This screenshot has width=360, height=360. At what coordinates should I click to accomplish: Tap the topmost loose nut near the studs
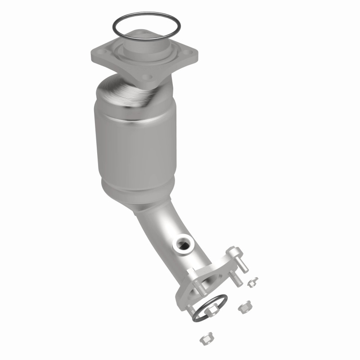[x=252, y=283]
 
